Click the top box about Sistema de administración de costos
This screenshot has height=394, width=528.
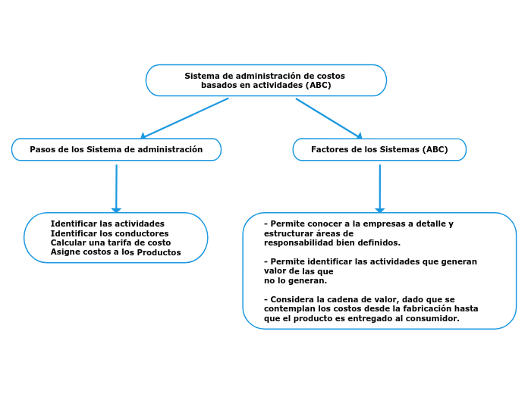[266, 80]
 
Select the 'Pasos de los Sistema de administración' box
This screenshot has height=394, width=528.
[116, 149]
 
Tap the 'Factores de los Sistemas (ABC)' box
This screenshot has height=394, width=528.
[379, 149]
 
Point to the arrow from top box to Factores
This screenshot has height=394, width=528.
[328, 117]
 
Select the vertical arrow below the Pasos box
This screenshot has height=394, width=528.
[116, 188]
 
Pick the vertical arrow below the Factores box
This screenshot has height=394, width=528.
[379, 188]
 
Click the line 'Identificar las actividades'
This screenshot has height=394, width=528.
[107, 224]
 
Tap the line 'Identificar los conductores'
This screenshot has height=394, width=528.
[109, 233]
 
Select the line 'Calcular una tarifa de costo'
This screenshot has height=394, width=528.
[111, 242]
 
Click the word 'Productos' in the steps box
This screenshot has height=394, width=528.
[159, 252]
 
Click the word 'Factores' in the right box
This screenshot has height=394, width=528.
[330, 149]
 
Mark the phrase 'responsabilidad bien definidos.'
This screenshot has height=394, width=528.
[332, 243]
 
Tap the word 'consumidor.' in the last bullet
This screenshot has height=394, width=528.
[433, 319]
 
